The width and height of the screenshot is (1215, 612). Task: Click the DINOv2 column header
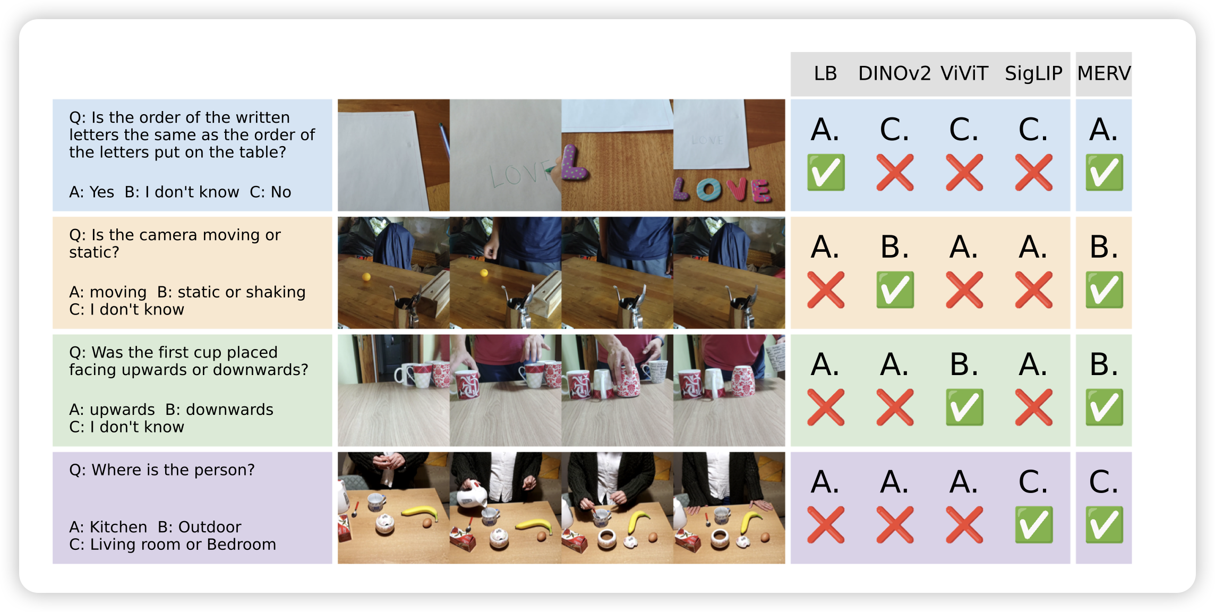(894, 73)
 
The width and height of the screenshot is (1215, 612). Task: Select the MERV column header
(1104, 73)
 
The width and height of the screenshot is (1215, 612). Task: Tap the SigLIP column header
(1033, 73)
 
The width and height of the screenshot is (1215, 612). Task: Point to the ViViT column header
(964, 73)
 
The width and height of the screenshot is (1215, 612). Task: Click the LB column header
(825, 73)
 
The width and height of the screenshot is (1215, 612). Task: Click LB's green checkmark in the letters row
(826, 172)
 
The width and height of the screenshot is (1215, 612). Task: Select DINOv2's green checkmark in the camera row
(895, 290)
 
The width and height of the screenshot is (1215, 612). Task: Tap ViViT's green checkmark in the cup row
(964, 407)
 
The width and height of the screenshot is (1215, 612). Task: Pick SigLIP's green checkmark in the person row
(1034, 525)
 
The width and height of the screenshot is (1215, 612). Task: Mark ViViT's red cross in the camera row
(964, 290)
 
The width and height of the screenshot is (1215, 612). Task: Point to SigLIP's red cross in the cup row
(1033, 407)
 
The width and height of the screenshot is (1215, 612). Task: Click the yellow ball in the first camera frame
(366, 277)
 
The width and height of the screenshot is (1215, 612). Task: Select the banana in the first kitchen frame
(420, 513)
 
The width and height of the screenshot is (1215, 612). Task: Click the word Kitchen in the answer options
(118, 527)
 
